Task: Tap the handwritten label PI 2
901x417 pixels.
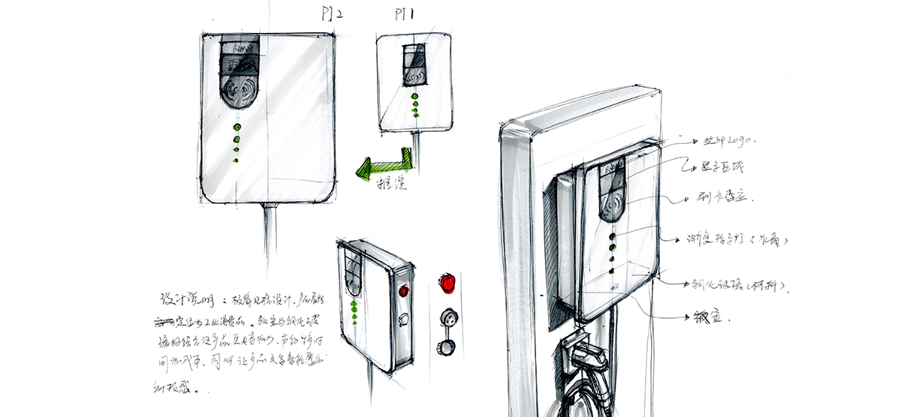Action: (330, 14)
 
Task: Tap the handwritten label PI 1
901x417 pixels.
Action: (404, 14)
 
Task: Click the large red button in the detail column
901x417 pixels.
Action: (448, 283)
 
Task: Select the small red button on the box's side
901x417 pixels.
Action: (404, 290)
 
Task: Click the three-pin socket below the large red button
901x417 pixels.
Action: (449, 315)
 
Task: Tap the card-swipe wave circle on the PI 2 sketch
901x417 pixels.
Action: (240, 94)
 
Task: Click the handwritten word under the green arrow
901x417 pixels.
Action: (390, 184)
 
